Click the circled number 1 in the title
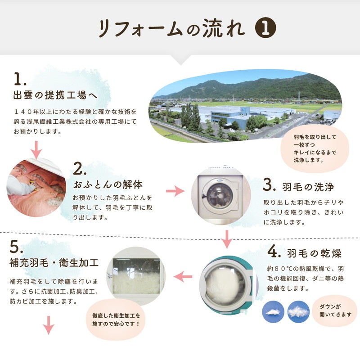click(x=265, y=28)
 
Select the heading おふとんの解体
click(x=108, y=184)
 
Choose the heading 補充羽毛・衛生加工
click(x=54, y=262)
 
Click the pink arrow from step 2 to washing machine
click(x=175, y=191)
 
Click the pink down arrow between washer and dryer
click(x=227, y=238)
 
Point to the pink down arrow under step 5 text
click(x=49, y=325)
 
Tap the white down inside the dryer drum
click(x=225, y=281)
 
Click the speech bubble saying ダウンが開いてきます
click(x=335, y=310)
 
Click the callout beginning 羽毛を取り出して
click(x=315, y=147)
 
